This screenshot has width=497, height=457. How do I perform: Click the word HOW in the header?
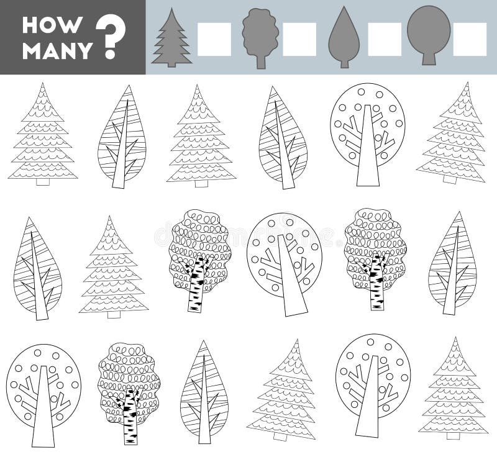pos(52,25)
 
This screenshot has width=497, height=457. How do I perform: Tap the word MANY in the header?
pos(58,51)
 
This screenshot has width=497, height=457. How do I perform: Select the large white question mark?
pos(111,37)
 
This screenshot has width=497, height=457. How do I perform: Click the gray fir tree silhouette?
pos(172,38)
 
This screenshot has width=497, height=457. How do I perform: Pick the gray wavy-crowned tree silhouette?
pos(260,38)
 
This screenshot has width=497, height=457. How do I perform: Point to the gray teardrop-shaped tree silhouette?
pos(344,37)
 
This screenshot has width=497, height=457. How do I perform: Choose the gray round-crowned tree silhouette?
pos(429,35)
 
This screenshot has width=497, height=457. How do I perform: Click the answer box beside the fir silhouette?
pos(214,39)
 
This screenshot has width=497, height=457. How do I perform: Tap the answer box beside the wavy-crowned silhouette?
pos(299,39)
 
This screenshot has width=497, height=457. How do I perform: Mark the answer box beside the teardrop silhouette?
pos(385,39)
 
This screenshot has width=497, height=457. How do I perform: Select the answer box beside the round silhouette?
pos(470,39)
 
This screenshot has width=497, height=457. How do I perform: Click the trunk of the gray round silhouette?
pos(428,58)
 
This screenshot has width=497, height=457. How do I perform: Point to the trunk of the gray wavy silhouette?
pos(261,61)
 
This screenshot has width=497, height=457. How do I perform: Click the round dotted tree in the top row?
pos(368,135)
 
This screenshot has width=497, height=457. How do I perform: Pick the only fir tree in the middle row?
pos(114,267)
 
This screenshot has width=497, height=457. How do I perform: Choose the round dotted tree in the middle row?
pos(285,265)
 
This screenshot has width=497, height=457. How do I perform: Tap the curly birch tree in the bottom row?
pos(129,394)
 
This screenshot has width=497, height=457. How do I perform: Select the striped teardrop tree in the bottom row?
pos(204,392)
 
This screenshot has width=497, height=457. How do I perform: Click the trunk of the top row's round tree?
pos(368,146)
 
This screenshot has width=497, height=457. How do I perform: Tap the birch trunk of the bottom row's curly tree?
pos(130,417)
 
